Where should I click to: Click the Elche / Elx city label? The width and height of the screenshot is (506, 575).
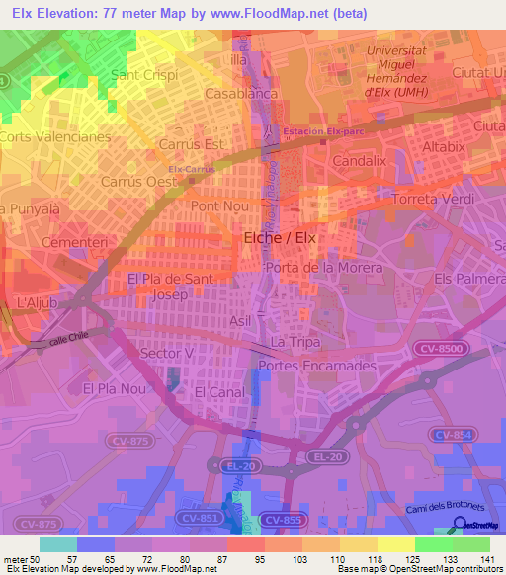click(x=280, y=238)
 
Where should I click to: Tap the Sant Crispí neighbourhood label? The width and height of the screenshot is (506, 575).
click(x=144, y=75)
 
